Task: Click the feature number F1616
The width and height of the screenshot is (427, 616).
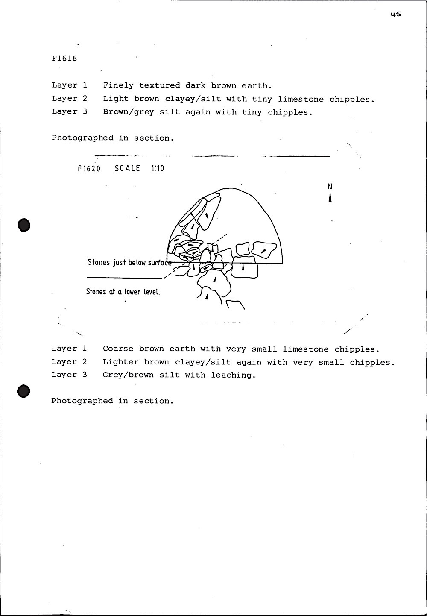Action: click(64, 59)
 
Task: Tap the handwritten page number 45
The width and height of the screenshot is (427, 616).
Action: click(395, 14)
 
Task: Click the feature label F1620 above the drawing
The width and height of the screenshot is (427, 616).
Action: click(89, 168)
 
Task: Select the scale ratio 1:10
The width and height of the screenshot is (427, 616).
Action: click(157, 168)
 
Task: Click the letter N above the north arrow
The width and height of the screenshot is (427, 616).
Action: click(330, 186)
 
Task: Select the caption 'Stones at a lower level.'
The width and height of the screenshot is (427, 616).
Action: click(123, 292)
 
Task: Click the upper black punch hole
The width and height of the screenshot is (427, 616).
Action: click(24, 225)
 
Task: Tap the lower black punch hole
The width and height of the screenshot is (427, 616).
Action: click(24, 391)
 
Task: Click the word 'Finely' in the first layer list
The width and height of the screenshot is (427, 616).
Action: click(118, 85)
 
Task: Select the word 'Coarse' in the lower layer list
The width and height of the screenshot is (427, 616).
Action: click(118, 349)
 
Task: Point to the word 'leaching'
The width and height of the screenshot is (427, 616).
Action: click(233, 375)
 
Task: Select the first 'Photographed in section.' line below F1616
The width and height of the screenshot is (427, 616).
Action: click(113, 138)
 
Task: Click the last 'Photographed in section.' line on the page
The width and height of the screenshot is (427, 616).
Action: click(112, 401)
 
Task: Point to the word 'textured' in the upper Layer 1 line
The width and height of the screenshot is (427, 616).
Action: click(159, 85)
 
